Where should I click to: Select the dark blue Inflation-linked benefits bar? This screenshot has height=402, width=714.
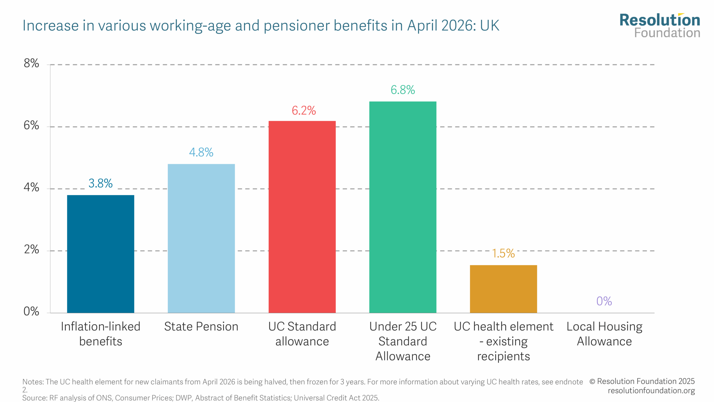[x=100, y=254]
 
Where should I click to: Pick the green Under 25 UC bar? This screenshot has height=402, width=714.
[x=402, y=207]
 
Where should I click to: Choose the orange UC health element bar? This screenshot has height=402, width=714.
[x=503, y=289]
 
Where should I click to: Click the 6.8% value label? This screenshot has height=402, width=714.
[x=402, y=90]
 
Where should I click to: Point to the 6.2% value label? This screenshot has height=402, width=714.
[x=304, y=111]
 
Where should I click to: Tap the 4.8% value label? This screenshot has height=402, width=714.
[x=201, y=152]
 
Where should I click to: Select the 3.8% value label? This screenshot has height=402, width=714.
[x=100, y=183]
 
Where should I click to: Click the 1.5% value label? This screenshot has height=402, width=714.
[x=503, y=253]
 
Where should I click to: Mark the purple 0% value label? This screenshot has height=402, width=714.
[x=604, y=301]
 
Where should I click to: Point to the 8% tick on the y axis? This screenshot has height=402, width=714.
[x=31, y=63]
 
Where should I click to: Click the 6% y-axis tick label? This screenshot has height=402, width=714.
[x=31, y=125]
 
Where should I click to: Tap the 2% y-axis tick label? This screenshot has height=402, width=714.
[x=31, y=249]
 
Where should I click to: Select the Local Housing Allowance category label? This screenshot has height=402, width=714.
[x=604, y=334]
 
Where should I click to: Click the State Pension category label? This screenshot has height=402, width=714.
[x=201, y=327]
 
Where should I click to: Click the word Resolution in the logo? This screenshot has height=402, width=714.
[x=660, y=20]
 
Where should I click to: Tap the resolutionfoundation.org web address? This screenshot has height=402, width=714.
[x=651, y=391]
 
